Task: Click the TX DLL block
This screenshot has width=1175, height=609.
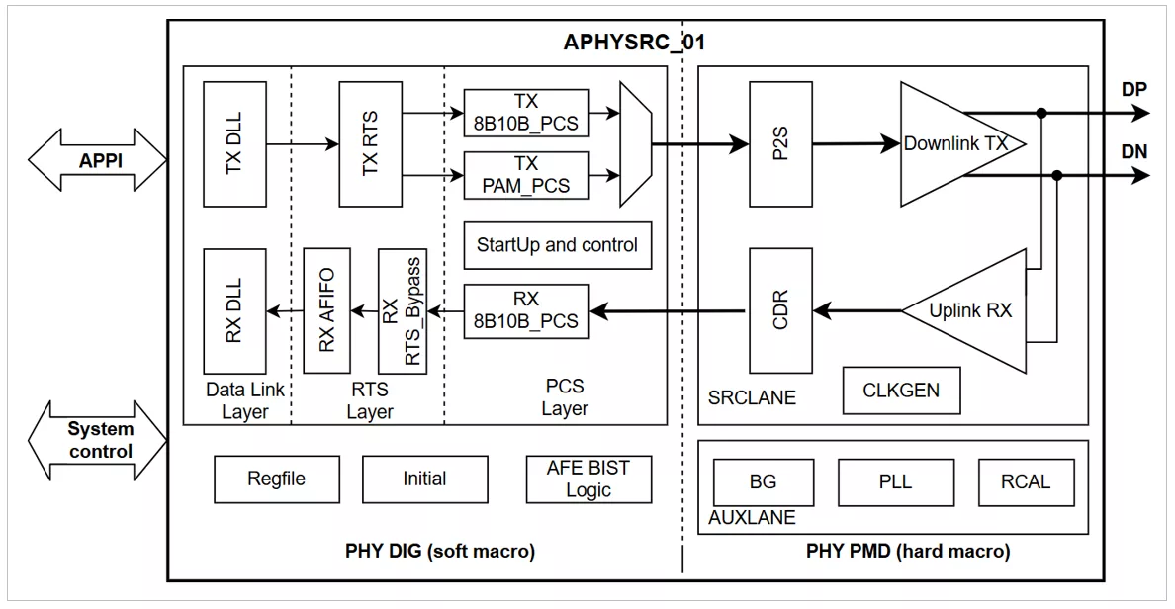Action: [x=234, y=143]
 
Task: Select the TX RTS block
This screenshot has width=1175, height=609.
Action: [x=370, y=143]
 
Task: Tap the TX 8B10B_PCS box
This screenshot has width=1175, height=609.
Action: [x=526, y=113]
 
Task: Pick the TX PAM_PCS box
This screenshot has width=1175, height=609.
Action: [x=526, y=175]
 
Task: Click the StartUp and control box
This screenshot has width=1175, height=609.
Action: [x=558, y=245]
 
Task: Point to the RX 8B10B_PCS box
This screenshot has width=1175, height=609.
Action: [x=526, y=310]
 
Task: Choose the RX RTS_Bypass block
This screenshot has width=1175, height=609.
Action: [x=403, y=310]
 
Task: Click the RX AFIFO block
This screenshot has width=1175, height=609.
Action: [x=326, y=310]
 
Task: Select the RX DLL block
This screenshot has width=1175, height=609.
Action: [x=234, y=311]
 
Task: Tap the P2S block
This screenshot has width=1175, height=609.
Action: [x=780, y=143]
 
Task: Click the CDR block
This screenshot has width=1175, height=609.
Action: [x=780, y=310]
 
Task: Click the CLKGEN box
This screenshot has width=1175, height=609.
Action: [x=901, y=391]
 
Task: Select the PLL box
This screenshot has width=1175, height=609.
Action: [x=895, y=482]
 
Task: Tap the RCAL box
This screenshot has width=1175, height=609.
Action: [x=1026, y=482]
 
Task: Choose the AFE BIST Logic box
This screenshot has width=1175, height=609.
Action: [x=589, y=479]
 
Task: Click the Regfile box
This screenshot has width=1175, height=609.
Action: [x=277, y=479]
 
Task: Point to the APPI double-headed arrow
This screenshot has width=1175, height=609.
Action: [x=97, y=159]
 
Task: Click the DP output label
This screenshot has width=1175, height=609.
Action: [x=1134, y=89]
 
